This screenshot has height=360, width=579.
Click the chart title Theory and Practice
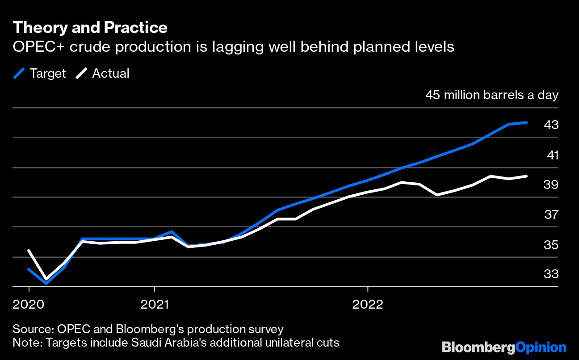[x=90, y=28]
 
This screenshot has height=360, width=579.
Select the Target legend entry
[x=40, y=73]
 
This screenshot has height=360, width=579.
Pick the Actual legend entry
[x=102, y=73]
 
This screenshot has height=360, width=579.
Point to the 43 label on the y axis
[x=551, y=125]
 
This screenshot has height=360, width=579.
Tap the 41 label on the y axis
[x=552, y=155]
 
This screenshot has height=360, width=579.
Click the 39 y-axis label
[x=551, y=184]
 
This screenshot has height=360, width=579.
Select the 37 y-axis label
[x=551, y=215]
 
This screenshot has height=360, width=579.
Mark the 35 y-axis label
[x=551, y=245]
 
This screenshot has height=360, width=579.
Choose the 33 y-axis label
[x=551, y=274]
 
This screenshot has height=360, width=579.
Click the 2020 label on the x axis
[x=29, y=305]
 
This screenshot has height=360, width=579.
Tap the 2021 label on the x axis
[x=154, y=305]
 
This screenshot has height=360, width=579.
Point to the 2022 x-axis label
[x=368, y=305]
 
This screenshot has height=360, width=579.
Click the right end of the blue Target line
[x=527, y=122]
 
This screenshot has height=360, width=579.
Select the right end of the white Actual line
[x=527, y=176]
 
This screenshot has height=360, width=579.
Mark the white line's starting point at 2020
[x=29, y=251]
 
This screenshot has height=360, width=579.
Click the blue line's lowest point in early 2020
[x=46, y=283]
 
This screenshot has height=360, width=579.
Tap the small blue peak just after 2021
[x=172, y=232]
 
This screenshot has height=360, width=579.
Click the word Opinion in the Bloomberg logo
[x=541, y=347]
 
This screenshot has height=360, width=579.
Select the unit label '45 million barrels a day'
[x=491, y=95]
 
